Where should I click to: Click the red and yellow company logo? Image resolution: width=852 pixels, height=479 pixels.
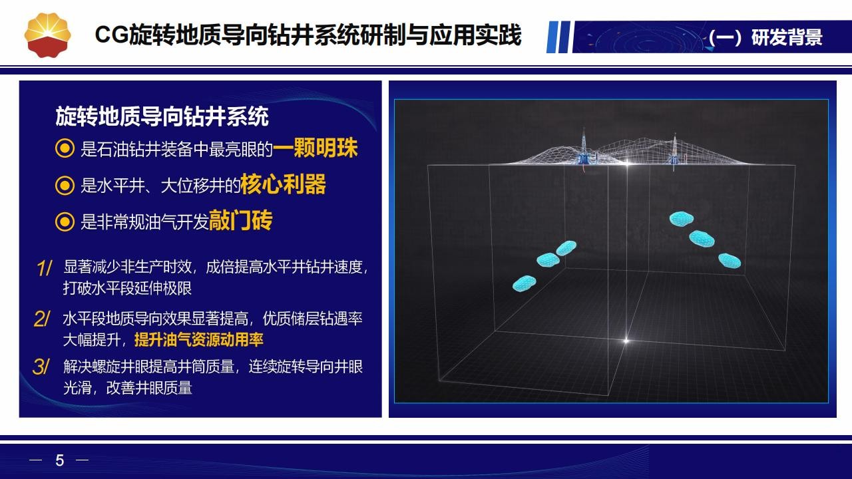pos(47,35)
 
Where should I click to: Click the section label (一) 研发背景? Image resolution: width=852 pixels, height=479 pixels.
pos(765,37)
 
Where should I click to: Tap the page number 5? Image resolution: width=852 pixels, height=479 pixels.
pos(60,460)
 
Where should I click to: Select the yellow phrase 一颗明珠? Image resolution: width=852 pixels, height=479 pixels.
pos(316,148)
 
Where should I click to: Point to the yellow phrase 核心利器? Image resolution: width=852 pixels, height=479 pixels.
pos(283,184)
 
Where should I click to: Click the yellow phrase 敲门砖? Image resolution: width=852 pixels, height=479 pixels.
pos(240,220)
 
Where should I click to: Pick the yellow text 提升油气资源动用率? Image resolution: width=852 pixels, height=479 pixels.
pos(198,339)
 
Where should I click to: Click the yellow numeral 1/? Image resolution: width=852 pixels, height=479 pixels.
pos(45,268)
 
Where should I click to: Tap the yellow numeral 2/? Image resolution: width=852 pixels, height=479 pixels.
pos(42,319)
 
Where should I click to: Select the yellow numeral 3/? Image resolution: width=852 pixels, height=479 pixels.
pos(41,367)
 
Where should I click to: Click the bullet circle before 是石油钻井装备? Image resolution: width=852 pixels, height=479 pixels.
pos(65,148)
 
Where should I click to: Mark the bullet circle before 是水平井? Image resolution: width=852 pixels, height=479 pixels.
pos(65,186)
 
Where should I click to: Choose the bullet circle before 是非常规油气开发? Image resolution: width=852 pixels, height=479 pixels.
pos(65,222)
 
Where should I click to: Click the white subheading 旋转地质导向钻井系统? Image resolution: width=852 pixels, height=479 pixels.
pos(162,116)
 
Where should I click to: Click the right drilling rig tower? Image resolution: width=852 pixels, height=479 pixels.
pos(674,152)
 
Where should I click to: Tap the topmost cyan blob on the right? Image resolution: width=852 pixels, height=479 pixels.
pos(681,219)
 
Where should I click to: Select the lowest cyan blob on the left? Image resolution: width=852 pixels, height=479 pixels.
pos(524,283)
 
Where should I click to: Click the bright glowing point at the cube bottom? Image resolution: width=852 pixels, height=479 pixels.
pos(626,340)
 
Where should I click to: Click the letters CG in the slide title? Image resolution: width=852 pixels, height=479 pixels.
pos(111,35)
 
